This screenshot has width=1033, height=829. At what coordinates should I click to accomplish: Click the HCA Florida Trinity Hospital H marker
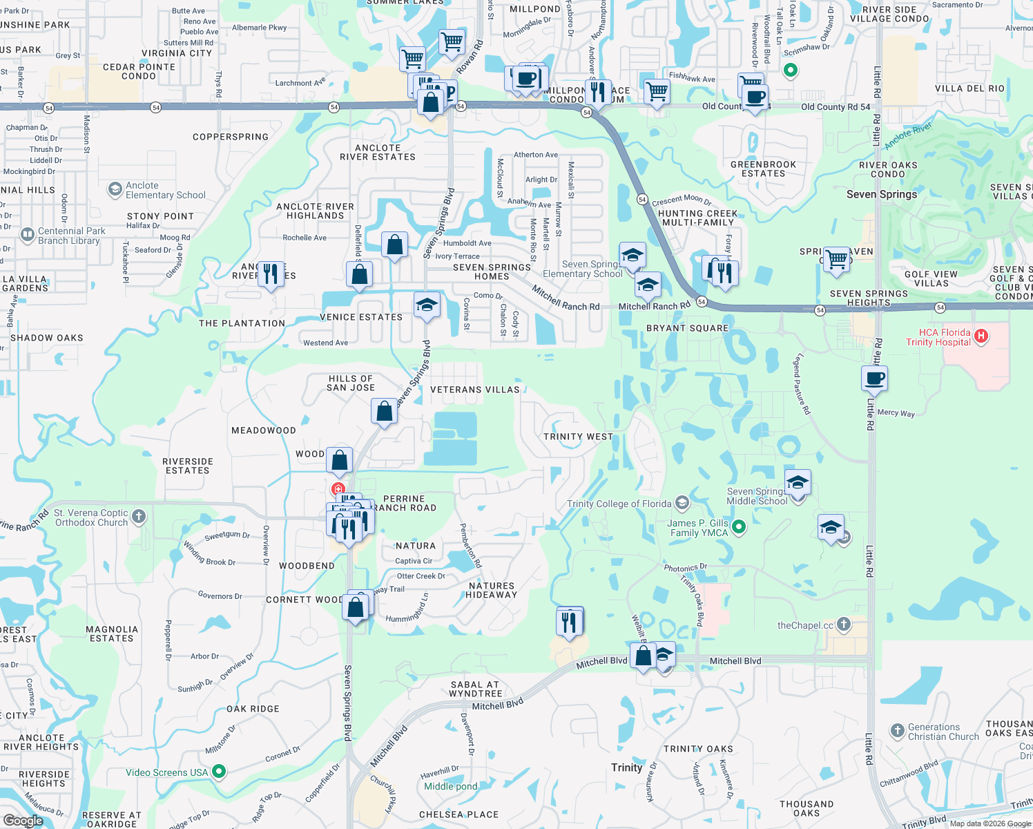click(x=981, y=336)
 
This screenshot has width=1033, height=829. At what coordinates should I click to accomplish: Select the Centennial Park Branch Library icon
click(x=28, y=236)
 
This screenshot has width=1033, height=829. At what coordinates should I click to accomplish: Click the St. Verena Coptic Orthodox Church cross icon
click(x=139, y=517)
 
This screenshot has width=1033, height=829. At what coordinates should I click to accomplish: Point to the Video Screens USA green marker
click(x=219, y=771)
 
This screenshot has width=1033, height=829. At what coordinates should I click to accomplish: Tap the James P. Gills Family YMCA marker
click(x=739, y=528)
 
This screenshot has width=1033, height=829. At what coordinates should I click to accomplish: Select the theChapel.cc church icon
click(x=843, y=625)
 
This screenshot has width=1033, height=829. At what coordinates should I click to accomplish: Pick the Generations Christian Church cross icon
click(x=897, y=731)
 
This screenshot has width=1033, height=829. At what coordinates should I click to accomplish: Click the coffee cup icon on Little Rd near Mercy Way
click(x=874, y=379)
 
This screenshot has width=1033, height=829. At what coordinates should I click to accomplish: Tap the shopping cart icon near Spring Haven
click(x=836, y=260)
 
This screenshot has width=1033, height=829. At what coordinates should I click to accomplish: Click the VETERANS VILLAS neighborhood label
click(x=474, y=390)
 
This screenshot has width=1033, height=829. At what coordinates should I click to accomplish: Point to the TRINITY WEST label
click(x=578, y=437)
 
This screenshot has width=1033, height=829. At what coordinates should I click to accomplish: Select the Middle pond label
click(x=450, y=786)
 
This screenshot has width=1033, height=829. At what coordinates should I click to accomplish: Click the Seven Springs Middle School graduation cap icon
click(x=797, y=482)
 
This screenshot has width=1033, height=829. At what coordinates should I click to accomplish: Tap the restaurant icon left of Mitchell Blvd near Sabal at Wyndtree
click(x=569, y=622)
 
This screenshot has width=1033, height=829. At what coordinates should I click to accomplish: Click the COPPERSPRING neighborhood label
click(x=231, y=137)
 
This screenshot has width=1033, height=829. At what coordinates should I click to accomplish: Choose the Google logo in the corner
click(x=23, y=821)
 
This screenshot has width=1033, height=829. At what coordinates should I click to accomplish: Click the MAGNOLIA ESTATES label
click(x=112, y=633)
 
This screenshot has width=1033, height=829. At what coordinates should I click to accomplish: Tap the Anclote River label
click(x=908, y=136)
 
